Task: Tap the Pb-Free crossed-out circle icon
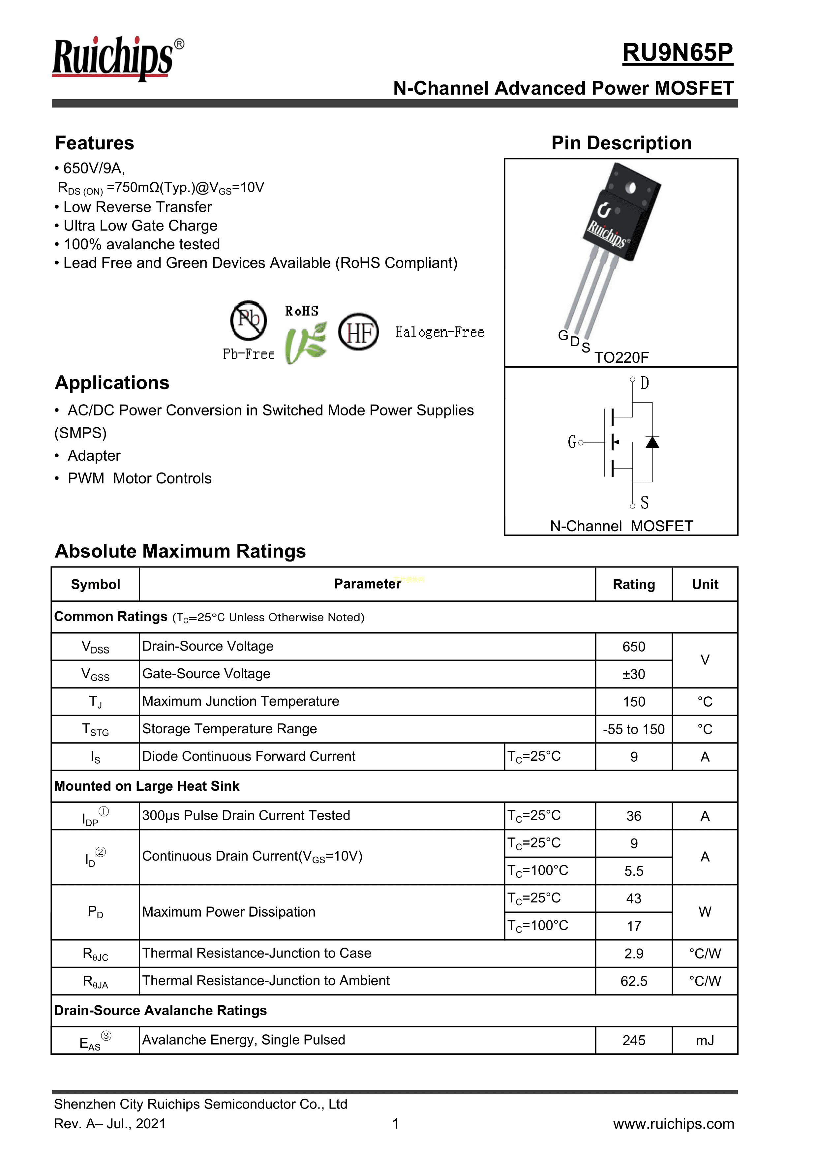coord(249,320)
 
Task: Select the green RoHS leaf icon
coord(305,343)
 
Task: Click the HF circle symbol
coord(358,332)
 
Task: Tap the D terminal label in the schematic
coord(644,383)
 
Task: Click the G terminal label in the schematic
coord(571,442)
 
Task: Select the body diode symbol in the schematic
coord(652,442)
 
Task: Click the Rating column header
coord(634,585)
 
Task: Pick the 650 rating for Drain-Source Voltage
coord(634,647)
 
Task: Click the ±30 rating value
coord(634,674)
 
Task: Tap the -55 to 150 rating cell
coord(634,729)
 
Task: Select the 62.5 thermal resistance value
coord(634,981)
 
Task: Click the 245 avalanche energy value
coord(634,1040)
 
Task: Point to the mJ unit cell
coord(705,1040)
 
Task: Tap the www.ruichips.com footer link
coord(673,1124)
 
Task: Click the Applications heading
coord(112,383)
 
